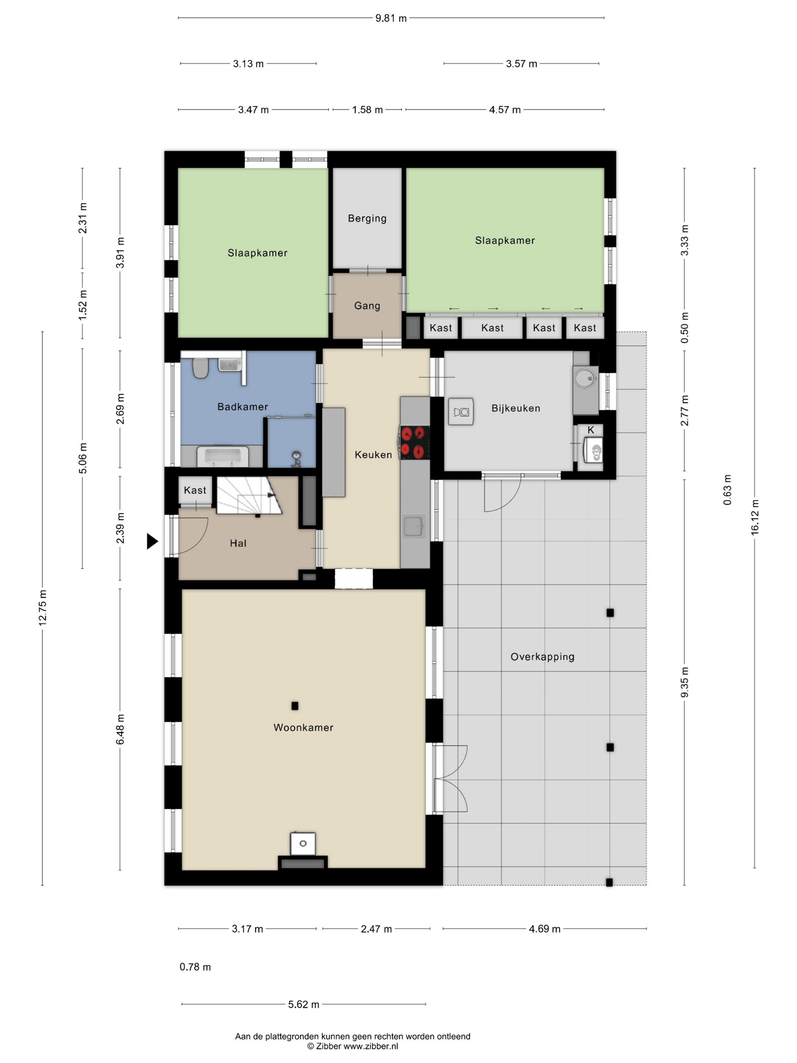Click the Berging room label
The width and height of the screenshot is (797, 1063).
[x=367, y=218]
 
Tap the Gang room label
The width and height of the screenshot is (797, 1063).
[x=367, y=306]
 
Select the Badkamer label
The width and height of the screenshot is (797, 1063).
[x=243, y=407]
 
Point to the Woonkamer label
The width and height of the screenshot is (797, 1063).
[x=303, y=727]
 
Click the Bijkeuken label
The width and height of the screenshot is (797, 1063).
[x=515, y=408]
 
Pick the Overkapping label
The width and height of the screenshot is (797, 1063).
[x=542, y=656]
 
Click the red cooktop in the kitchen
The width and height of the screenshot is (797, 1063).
[x=414, y=442]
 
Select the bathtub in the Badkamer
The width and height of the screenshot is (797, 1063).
[x=223, y=457]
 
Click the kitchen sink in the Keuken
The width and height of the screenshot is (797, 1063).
[x=413, y=527]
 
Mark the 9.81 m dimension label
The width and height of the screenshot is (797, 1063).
[x=391, y=18]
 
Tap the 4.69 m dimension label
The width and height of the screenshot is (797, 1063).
[x=544, y=929]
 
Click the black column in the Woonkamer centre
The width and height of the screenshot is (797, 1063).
[x=295, y=705]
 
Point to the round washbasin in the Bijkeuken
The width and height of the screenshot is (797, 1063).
[x=585, y=379]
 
